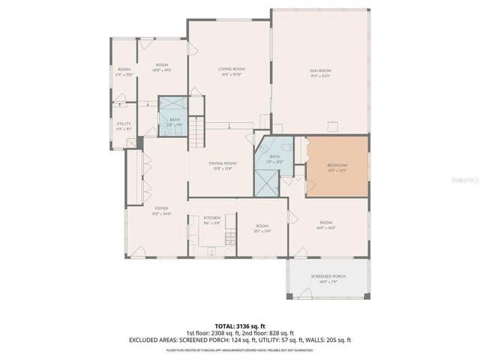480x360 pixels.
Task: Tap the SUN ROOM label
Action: coord(320,71)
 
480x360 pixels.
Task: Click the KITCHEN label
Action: coord(211,217)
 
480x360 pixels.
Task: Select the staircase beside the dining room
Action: coord(196,132)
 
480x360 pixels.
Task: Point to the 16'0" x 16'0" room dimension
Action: coord(325,227)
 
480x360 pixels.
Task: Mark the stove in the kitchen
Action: coord(229,239)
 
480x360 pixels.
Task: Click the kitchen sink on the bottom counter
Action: coord(211,250)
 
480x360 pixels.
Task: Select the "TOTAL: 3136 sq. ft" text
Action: coord(239,326)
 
